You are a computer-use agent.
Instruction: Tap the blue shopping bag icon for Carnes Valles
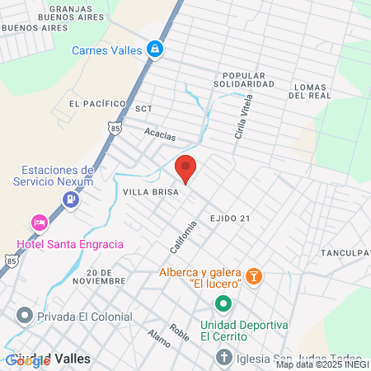pos(154,50)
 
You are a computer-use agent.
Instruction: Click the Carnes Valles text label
pos(106,50)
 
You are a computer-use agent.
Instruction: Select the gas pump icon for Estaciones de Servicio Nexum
pos(73,198)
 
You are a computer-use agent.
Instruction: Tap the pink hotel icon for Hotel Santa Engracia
pos(38,223)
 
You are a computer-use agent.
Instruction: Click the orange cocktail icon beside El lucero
pos(254,274)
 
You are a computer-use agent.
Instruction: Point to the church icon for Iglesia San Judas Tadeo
pos(223,357)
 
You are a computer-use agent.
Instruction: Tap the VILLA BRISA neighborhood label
pos(145,190)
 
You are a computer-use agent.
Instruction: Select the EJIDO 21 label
pos(229,218)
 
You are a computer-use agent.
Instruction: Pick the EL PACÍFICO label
pos(97,104)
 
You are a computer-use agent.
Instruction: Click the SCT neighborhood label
pos(144,108)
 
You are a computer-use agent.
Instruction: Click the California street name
pos(185,238)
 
